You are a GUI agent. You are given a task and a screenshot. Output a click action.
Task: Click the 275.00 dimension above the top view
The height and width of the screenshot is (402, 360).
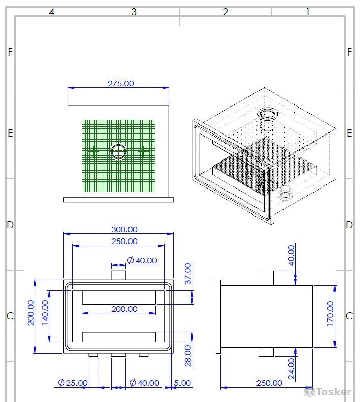(x=121, y=84)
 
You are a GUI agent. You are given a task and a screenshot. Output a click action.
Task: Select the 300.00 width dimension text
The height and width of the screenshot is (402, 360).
(x=124, y=229)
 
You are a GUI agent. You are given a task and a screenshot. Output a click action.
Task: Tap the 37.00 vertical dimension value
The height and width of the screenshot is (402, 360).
(x=188, y=274)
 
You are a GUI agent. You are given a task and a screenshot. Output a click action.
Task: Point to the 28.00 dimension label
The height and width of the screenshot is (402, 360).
(x=188, y=356)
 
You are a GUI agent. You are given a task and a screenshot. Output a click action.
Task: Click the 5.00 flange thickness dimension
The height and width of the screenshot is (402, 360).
(x=183, y=383)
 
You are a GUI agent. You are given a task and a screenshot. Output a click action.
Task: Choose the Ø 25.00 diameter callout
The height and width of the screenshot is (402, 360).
(x=72, y=383)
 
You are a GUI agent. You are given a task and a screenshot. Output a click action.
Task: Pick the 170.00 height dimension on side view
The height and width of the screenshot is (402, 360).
(x=330, y=313)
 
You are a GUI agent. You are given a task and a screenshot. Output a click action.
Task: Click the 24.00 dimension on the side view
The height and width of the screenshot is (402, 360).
(x=291, y=368)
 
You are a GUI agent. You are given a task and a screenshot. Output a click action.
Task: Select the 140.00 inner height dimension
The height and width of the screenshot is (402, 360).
(x=45, y=312)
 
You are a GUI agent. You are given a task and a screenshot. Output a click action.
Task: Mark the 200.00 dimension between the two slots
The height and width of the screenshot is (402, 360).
(x=124, y=309)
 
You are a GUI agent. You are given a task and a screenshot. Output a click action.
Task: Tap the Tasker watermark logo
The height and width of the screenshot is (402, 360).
(x=328, y=392)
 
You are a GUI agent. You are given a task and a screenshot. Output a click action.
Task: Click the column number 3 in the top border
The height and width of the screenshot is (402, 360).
(x=134, y=12)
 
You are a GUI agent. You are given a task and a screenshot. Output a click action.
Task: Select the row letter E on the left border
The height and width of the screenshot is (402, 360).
(x=10, y=133)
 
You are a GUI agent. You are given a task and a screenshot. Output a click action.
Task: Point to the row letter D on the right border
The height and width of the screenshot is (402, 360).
(x=349, y=225)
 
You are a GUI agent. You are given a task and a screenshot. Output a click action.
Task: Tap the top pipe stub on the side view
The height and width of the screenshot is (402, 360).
(x=266, y=278)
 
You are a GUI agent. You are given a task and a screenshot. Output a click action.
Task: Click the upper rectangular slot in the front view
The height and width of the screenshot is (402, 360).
(x=118, y=298)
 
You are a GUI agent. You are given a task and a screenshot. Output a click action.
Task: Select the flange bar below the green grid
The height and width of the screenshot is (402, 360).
(x=118, y=200)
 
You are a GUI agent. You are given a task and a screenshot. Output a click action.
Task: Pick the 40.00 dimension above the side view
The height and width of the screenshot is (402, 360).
(x=291, y=255)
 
